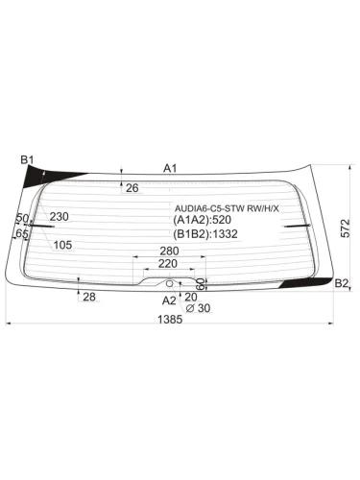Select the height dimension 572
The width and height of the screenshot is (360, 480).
pos(346,228)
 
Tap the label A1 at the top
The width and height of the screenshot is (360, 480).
pos(171,168)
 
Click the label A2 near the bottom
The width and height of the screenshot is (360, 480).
pos(169,300)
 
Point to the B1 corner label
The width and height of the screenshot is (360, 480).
pos(27,159)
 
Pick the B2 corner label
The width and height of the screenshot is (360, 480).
pos(341,282)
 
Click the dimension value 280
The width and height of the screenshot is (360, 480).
pos(169,251)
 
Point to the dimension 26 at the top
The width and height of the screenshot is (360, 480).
pos(132,187)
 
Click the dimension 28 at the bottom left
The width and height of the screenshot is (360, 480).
pos(89,298)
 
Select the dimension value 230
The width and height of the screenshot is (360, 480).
pos(60,217)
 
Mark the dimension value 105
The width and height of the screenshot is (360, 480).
pos(62,245)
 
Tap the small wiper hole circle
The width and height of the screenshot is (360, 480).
pos(170,282)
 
